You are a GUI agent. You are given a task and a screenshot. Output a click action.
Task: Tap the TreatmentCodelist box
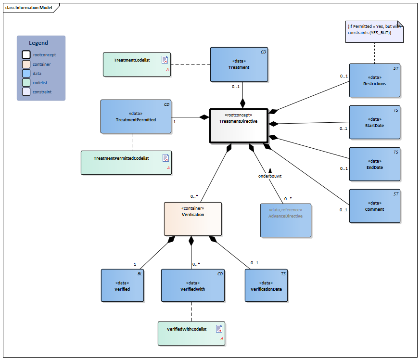click(138, 64)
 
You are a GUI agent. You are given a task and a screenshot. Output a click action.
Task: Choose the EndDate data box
click(374, 164)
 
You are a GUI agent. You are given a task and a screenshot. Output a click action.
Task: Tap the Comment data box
click(374, 206)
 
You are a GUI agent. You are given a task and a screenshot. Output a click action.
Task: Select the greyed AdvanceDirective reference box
click(285, 220)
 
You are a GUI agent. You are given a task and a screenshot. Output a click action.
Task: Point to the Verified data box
click(122, 285)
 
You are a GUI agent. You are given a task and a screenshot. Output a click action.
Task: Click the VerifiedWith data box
click(192, 285)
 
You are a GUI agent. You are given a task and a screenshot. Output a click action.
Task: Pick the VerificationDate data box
click(266, 285)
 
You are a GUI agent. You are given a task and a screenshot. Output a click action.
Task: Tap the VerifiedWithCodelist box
click(191, 333)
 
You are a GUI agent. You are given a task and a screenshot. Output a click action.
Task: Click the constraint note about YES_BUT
click(374, 32)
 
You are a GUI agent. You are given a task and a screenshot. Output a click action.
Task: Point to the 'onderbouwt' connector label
click(269, 176)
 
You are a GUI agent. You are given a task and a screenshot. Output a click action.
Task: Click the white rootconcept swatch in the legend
click(26, 54)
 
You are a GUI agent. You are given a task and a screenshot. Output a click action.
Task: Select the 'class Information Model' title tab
click(29, 7)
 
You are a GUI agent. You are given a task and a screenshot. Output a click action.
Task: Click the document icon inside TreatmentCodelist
click(165, 60)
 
